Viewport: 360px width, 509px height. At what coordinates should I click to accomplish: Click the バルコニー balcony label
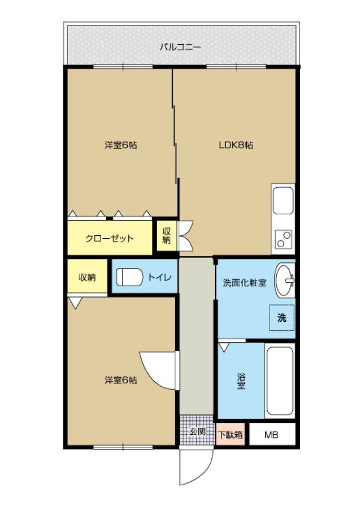pyautogui.click(x=180, y=48)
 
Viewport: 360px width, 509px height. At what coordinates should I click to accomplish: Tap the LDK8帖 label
pyautogui.click(x=236, y=145)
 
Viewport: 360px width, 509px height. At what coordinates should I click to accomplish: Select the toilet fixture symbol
pyautogui.click(x=129, y=277)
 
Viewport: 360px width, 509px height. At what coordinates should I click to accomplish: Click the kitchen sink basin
pyautogui.click(x=283, y=200)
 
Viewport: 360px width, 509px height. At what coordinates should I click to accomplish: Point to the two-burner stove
pyautogui.click(x=283, y=240)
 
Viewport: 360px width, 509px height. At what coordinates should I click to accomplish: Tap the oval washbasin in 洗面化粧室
pyautogui.click(x=285, y=280)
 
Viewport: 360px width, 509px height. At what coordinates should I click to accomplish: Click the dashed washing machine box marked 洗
pyautogui.click(x=282, y=317)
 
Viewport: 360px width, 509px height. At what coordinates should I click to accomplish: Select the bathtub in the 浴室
pyautogui.click(x=280, y=381)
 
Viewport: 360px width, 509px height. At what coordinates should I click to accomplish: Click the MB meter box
pyautogui.click(x=272, y=434)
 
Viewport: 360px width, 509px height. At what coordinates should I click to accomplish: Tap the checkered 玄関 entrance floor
pyautogui.click(x=197, y=430)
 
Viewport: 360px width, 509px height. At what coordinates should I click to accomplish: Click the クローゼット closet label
pyautogui.click(x=109, y=239)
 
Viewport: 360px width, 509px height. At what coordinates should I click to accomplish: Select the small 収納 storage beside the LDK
pyautogui.click(x=167, y=236)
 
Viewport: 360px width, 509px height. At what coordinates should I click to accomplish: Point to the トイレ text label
pyautogui.click(x=159, y=277)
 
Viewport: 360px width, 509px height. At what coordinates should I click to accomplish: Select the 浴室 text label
pyautogui.click(x=241, y=381)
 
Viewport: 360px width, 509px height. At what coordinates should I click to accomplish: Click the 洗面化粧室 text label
pyautogui.click(x=245, y=283)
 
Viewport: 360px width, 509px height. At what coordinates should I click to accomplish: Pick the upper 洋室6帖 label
pyautogui.click(x=120, y=145)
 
